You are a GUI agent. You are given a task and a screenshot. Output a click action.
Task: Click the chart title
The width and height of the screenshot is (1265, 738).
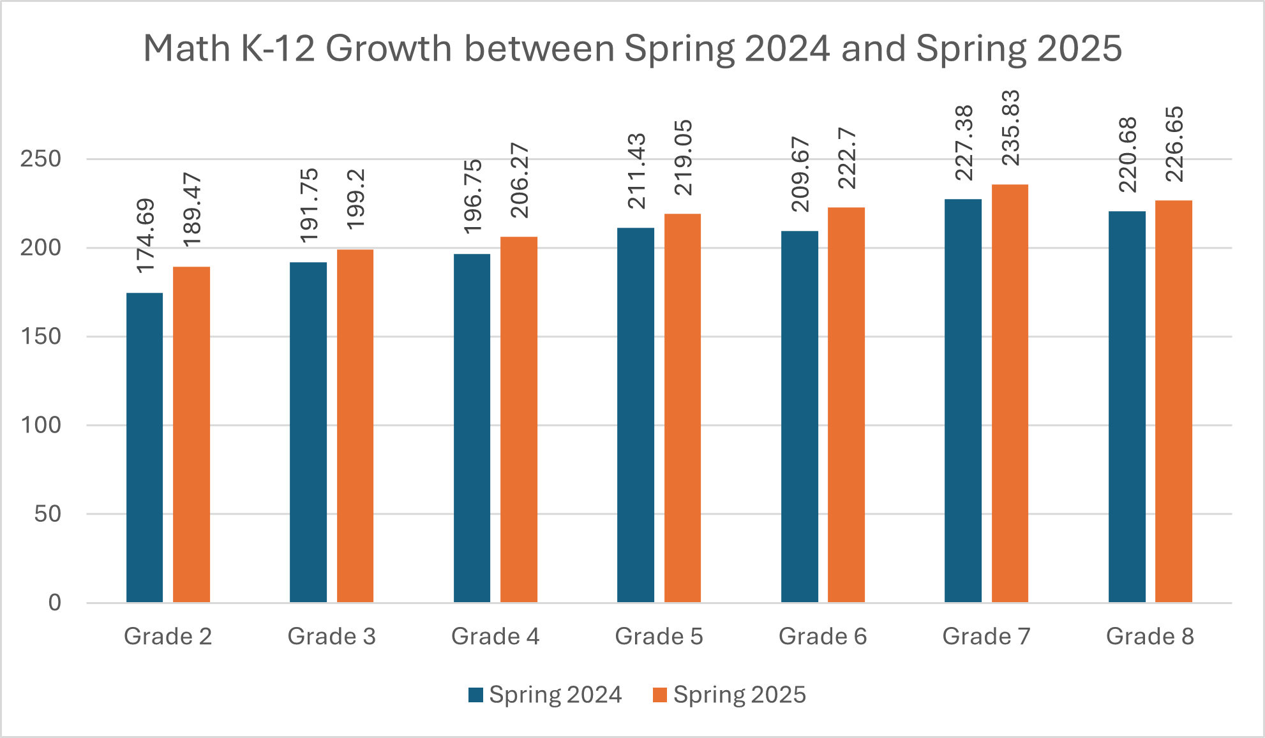632,48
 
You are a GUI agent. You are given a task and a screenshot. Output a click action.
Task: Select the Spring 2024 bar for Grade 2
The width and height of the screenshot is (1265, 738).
144,446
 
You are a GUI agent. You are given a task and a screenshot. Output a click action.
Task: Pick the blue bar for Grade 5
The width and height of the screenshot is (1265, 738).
636,415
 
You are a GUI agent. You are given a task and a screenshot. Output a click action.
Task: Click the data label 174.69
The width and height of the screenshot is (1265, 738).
146,236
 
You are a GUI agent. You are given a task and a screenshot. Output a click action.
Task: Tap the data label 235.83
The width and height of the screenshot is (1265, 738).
1010,128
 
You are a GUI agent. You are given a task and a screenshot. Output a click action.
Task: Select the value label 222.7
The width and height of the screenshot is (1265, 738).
847,158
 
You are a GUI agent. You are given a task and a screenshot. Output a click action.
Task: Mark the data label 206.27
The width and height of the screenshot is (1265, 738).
520,181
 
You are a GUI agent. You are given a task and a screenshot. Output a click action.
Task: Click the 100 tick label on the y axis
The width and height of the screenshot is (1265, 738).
41,425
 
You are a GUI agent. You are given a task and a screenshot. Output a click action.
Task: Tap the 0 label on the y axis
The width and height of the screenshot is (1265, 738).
55,602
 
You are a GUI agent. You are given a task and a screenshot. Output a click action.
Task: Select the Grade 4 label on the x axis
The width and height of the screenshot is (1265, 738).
495,636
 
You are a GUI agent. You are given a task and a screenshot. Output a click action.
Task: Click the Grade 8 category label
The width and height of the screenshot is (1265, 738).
1149,636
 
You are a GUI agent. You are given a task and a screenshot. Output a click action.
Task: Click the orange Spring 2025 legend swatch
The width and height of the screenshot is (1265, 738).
660,695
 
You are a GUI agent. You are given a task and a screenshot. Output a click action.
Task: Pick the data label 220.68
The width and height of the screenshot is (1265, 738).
1128,154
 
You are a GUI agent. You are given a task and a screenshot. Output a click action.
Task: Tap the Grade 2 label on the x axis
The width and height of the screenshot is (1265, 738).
168,636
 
